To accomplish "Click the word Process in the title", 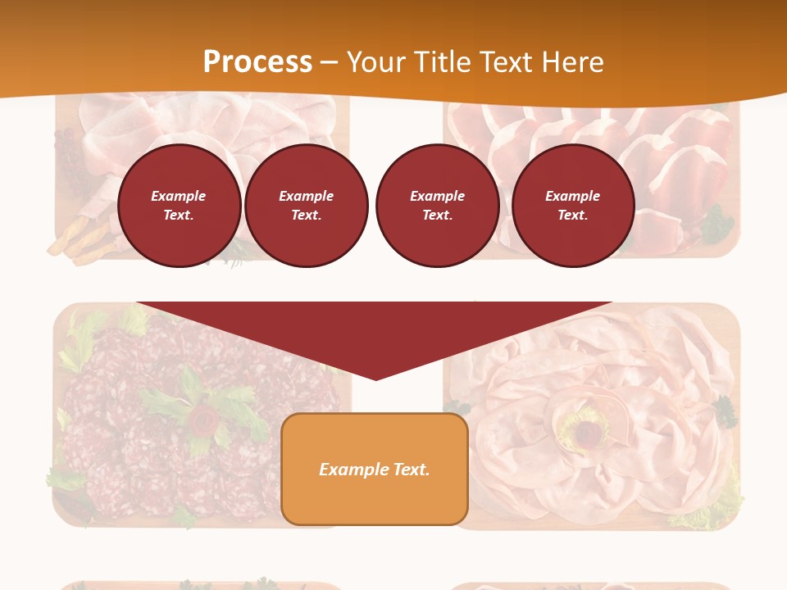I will [x=257, y=61].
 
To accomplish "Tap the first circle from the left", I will [x=180, y=206].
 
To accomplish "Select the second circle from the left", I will [x=307, y=206].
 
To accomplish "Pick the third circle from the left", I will [x=438, y=206].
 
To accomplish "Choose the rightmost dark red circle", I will [x=573, y=206].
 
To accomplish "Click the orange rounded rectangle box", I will [x=375, y=469].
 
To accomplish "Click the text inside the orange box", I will [x=375, y=470].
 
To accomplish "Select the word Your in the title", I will [x=376, y=61].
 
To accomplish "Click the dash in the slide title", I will [x=329, y=62].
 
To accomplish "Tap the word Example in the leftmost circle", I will [x=179, y=196].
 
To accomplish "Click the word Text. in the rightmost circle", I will [x=573, y=215].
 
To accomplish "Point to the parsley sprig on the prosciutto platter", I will [x=717, y=223].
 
